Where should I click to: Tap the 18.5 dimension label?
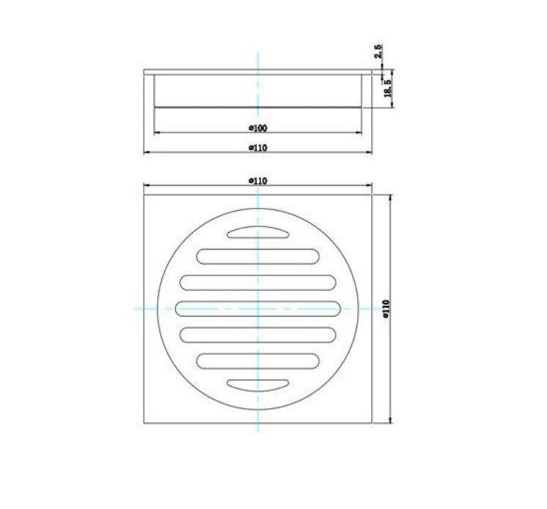point(386,88)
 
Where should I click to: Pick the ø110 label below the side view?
point(257,148)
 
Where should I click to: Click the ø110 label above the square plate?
point(257,180)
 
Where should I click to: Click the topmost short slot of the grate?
point(257,234)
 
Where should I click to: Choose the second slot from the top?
point(257,256)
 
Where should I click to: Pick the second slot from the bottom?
point(257,361)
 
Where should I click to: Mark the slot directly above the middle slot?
point(257,282)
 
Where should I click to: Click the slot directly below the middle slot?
point(257,334)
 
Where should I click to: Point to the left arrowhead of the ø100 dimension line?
point(154,133)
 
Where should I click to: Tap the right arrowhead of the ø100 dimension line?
point(361,133)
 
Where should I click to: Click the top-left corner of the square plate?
point(144,195)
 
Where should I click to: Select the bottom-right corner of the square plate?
point(372,423)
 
